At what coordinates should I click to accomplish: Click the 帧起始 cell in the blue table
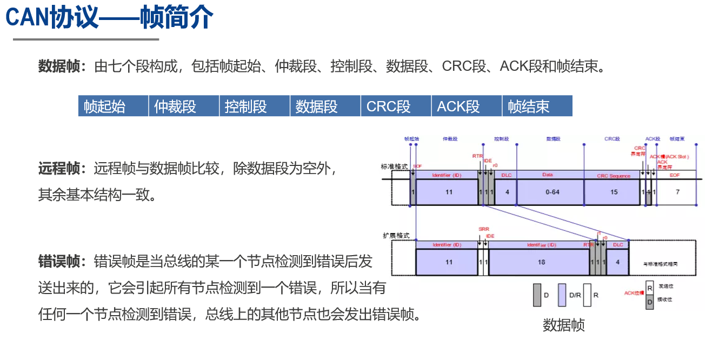(x=113, y=106)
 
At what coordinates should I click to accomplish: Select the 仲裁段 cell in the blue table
(x=184, y=106)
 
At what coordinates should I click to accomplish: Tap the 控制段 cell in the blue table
(x=255, y=106)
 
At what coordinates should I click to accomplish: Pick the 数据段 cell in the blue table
(x=325, y=106)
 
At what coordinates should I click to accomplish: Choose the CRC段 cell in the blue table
(x=396, y=106)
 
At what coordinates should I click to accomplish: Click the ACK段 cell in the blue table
(x=467, y=106)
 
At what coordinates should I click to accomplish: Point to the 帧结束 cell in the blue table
(x=537, y=106)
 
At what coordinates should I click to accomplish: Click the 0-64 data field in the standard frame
(x=550, y=192)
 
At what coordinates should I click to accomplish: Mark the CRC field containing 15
(x=614, y=192)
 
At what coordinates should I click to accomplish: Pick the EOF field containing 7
(x=677, y=192)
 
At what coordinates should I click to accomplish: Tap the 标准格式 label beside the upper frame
(x=395, y=166)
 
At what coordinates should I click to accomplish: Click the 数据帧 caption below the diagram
(x=563, y=325)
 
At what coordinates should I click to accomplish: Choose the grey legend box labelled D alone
(x=537, y=295)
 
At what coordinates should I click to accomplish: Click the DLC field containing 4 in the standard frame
(x=507, y=192)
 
